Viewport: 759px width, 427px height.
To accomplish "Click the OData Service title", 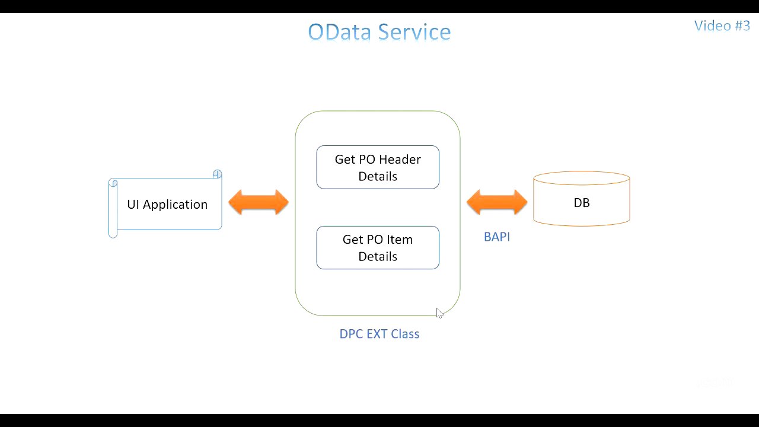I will (379, 32).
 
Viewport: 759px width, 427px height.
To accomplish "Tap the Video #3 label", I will (722, 26).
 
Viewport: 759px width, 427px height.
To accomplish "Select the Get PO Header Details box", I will (378, 167).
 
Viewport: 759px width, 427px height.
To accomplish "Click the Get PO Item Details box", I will (378, 248).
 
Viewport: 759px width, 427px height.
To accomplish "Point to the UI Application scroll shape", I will (165, 204).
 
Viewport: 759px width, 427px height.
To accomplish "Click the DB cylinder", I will (581, 199).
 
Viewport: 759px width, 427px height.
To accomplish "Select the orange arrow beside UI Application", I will (259, 202).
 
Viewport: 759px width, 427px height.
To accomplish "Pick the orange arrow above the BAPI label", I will (497, 202).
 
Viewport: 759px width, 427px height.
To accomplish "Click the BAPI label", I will (497, 237).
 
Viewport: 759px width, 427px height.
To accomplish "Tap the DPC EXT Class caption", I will (379, 334).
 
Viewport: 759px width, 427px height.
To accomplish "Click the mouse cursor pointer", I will (439, 313).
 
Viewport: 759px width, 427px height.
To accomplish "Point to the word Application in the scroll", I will (175, 205).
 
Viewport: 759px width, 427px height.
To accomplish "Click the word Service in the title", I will (414, 32).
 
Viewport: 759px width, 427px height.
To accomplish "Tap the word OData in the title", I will (340, 32).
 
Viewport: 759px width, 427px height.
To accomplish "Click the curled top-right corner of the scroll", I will (217, 174).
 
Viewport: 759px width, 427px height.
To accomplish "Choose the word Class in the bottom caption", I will (404, 334).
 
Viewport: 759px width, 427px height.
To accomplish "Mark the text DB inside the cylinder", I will (581, 203).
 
